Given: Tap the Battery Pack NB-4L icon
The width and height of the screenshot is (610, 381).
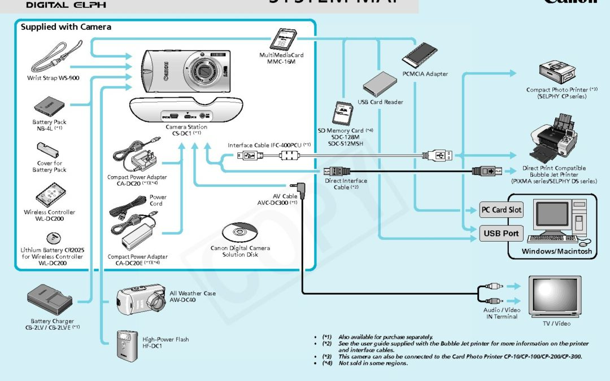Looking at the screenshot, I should pyautogui.click(x=50, y=106).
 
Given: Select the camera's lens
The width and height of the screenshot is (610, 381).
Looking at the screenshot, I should pyautogui.click(x=204, y=71).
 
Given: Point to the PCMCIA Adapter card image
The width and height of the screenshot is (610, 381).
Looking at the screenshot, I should pyautogui.click(x=420, y=57).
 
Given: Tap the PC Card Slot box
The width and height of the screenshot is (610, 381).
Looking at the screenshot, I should pyautogui.click(x=501, y=209).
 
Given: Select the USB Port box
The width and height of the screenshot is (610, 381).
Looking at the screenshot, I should pyautogui.click(x=501, y=233).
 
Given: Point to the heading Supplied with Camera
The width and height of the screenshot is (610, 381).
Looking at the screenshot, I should pyautogui.click(x=66, y=27).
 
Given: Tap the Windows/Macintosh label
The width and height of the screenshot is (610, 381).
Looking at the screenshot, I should pyautogui.click(x=556, y=251).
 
